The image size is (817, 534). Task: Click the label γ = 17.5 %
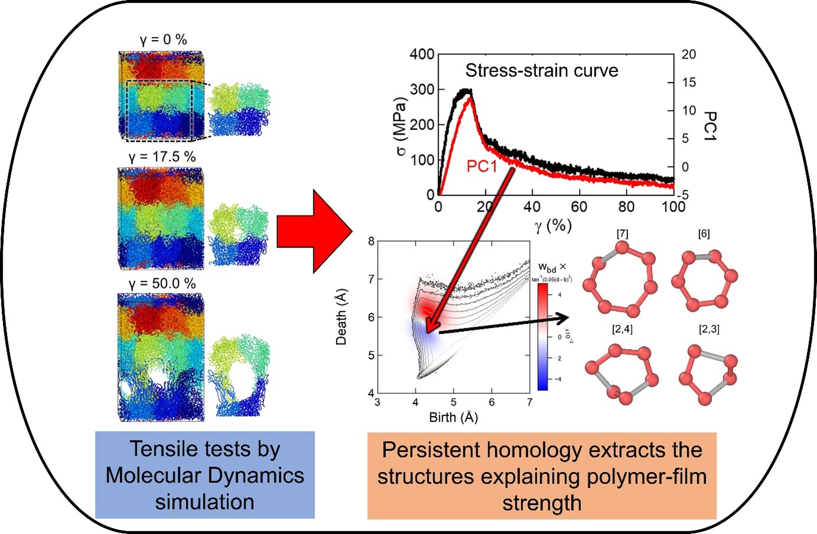[x=162, y=157]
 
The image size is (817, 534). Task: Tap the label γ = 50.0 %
[x=162, y=284]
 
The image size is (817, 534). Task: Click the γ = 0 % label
[x=164, y=40]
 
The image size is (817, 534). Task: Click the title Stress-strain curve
[x=541, y=71]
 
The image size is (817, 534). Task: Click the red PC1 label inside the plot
[x=482, y=167]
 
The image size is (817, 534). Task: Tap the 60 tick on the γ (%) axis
[x=579, y=207]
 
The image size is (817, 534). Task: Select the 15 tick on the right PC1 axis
[x=688, y=83]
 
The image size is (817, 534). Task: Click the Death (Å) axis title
[x=341, y=317]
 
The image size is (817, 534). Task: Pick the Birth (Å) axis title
[x=453, y=418]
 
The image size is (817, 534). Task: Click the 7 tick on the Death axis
[x=371, y=279]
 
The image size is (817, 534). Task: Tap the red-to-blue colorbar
[x=543, y=337]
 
